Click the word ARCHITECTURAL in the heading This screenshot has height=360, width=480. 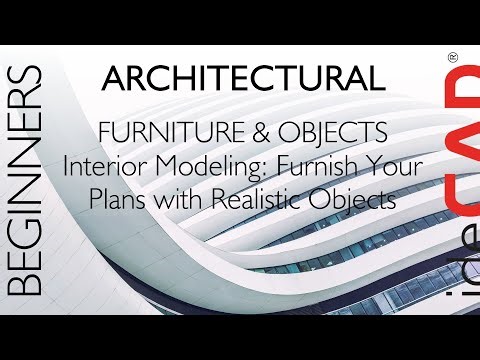coord(242,78)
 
